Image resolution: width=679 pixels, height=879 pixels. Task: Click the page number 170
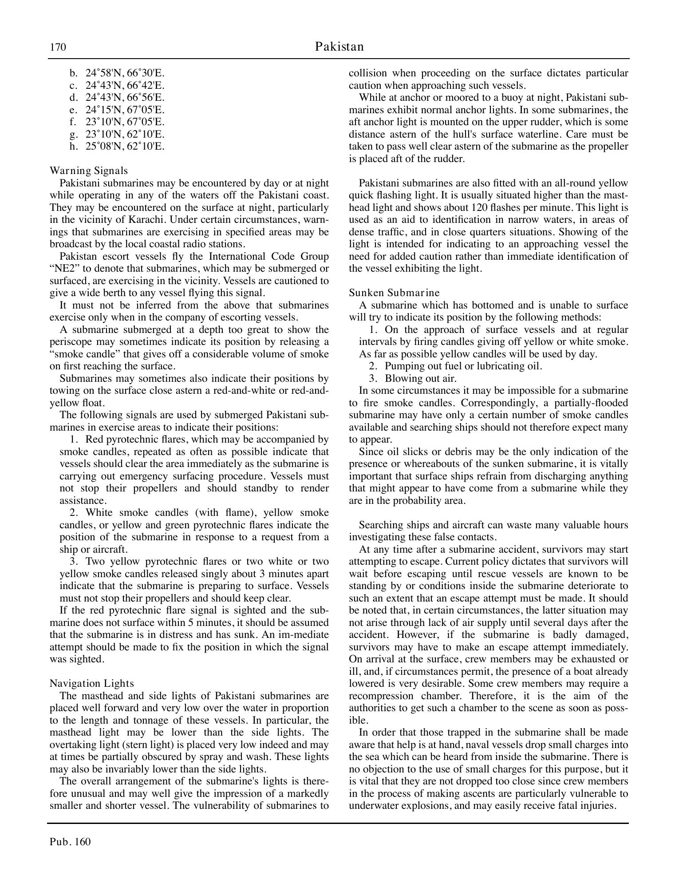click(x=58, y=47)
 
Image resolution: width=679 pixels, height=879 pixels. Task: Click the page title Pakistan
click(x=339, y=47)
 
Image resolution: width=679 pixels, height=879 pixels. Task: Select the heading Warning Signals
click(x=89, y=170)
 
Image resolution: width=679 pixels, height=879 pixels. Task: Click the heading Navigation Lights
click(x=92, y=683)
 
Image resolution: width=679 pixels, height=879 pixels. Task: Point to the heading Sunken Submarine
click(x=394, y=293)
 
